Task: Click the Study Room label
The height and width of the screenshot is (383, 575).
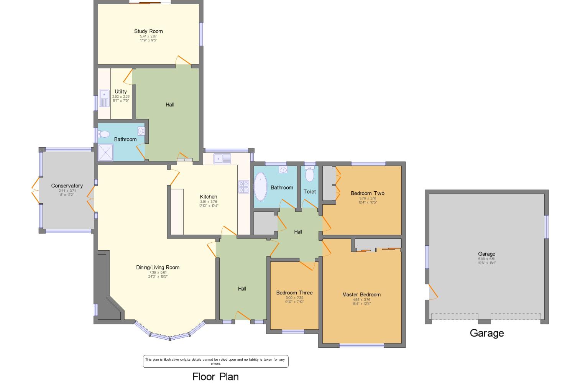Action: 148,31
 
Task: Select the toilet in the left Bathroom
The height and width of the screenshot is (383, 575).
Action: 103,134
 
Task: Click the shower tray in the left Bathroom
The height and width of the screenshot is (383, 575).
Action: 106,152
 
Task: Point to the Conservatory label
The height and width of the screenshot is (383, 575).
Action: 67,186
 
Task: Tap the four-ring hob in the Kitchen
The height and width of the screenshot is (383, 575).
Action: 243,187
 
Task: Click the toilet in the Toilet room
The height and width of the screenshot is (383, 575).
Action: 309,174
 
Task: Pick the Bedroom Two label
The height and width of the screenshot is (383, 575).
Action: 367,193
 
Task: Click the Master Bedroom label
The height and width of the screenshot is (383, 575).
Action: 361,294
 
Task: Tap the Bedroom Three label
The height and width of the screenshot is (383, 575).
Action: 294,293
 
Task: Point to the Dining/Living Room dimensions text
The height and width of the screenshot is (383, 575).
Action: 158,275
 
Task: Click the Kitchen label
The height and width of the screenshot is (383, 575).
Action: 209,197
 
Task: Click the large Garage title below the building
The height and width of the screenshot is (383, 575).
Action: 486,333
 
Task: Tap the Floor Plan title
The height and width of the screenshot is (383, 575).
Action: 215,376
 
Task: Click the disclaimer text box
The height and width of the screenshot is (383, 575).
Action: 215,361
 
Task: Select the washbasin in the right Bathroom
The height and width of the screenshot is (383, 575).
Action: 283,169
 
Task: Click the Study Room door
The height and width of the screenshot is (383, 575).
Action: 183,60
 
